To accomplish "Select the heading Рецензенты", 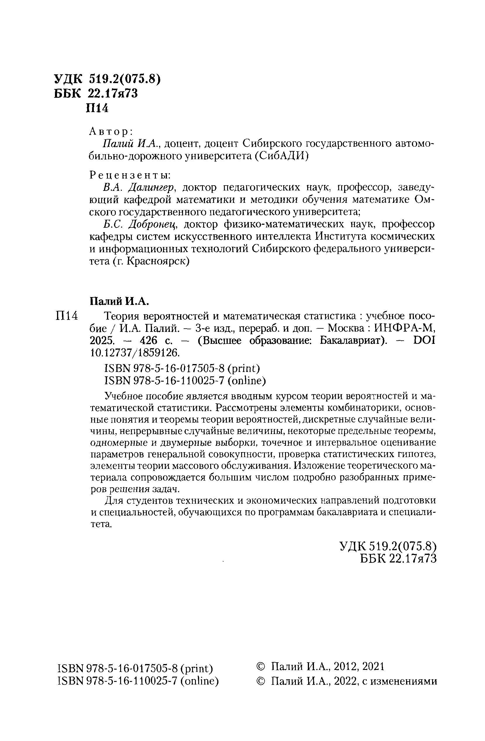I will click(x=130, y=175).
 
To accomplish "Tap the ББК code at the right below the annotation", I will click(x=398, y=559).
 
